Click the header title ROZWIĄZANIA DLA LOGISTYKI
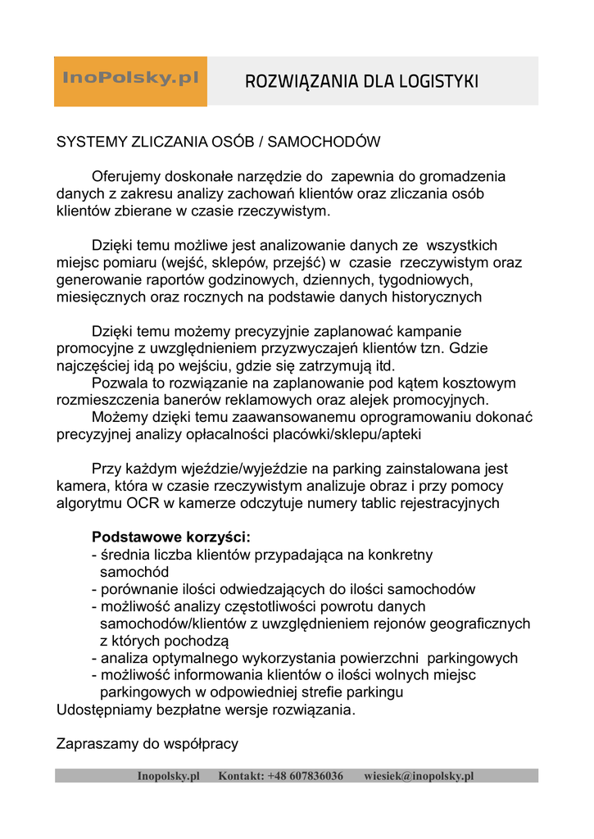(x=361, y=81)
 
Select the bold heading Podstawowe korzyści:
(x=171, y=538)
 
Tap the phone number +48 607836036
(x=305, y=776)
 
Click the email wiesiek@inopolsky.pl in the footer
(x=419, y=776)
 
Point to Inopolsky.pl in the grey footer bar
(x=169, y=776)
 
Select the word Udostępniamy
(x=104, y=710)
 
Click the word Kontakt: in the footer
(x=241, y=776)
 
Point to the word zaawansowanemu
(x=274, y=418)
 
